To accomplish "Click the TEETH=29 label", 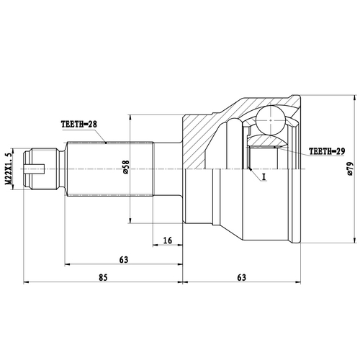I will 328,152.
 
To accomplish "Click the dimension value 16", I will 167,240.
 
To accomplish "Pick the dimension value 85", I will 104,276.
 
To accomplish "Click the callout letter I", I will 264,176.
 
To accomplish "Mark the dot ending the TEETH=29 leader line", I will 277,148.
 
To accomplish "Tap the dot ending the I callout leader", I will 249,170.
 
